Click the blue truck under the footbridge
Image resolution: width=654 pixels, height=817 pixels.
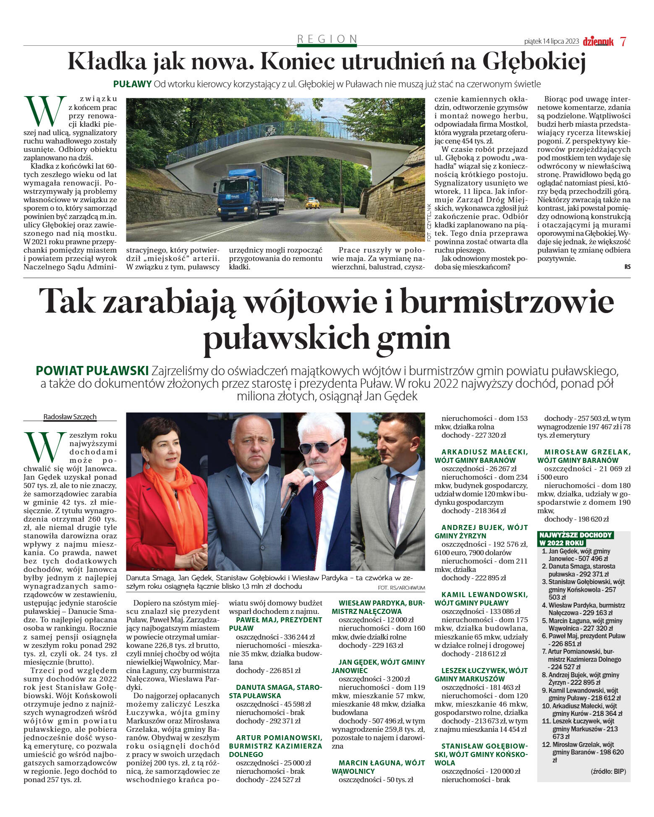pos(245,191)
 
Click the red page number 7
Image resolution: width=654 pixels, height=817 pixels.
pos(623,42)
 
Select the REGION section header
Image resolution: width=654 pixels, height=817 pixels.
pos(327,39)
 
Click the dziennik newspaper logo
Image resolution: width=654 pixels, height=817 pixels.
pos(598,42)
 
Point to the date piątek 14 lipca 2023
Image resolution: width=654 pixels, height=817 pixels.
pos(551,42)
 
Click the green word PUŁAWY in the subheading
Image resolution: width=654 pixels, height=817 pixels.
pos(132,84)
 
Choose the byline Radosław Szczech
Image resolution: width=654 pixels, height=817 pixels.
pos(70,417)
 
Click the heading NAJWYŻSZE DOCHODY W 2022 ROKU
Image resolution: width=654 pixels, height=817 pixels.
pos(575,539)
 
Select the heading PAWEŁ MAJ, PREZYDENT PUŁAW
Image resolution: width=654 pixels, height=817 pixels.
pos(275,624)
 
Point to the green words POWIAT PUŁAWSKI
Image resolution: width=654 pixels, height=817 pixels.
pos(92,371)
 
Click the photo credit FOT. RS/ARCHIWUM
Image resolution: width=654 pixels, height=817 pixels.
pos(401,587)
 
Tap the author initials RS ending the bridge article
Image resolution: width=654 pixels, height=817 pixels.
pos(627,267)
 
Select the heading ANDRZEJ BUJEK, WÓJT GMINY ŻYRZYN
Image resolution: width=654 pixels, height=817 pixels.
pos(481,532)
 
